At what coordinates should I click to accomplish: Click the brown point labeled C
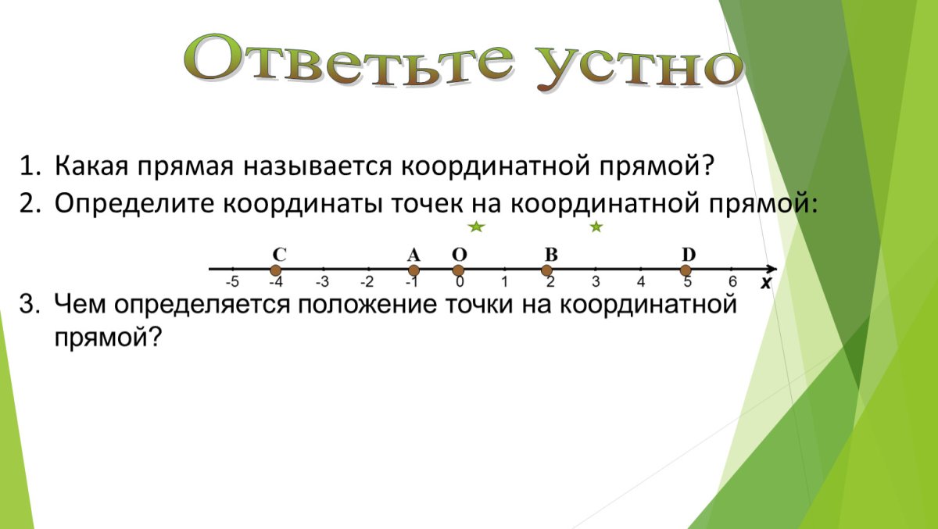pyautogui.click(x=275, y=270)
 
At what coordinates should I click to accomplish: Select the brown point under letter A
pyautogui.click(x=414, y=270)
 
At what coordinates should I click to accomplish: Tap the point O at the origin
pyautogui.click(x=459, y=270)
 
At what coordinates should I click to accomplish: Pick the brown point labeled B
pyautogui.click(x=546, y=270)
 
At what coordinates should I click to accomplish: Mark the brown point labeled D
pyautogui.click(x=686, y=270)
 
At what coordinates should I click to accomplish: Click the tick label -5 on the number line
pyautogui.click(x=232, y=282)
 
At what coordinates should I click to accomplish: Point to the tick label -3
pyautogui.click(x=322, y=282)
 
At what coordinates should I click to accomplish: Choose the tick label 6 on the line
pyautogui.click(x=732, y=281)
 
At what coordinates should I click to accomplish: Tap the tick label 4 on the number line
pyautogui.click(x=641, y=282)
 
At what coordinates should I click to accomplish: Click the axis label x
pyautogui.click(x=766, y=284)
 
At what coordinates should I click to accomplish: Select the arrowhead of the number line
pyautogui.click(x=772, y=269)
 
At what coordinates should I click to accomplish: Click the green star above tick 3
pyautogui.click(x=596, y=227)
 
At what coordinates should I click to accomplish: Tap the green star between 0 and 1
pyautogui.click(x=477, y=227)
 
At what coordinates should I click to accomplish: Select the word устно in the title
pyautogui.click(x=639, y=67)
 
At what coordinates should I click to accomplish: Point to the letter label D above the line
pyautogui.click(x=689, y=255)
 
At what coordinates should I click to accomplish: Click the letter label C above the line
pyautogui.click(x=279, y=255)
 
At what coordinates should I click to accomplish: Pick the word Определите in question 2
pyautogui.click(x=134, y=204)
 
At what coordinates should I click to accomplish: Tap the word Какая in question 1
pyautogui.click(x=91, y=166)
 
